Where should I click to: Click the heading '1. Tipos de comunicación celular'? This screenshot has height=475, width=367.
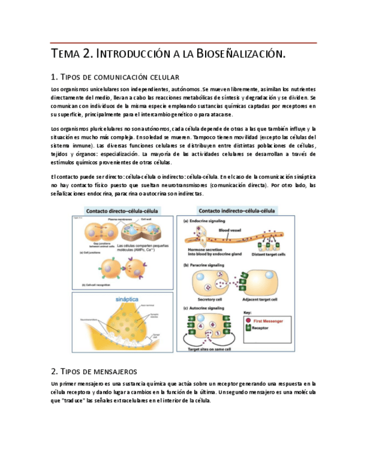tap(114, 77)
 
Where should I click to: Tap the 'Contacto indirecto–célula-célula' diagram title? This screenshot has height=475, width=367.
tap(236, 211)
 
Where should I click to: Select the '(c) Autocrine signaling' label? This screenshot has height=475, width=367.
tap(206, 308)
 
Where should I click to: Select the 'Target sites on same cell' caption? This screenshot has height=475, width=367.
tap(210, 348)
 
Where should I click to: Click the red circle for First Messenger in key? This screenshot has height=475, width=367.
tap(248, 321)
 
